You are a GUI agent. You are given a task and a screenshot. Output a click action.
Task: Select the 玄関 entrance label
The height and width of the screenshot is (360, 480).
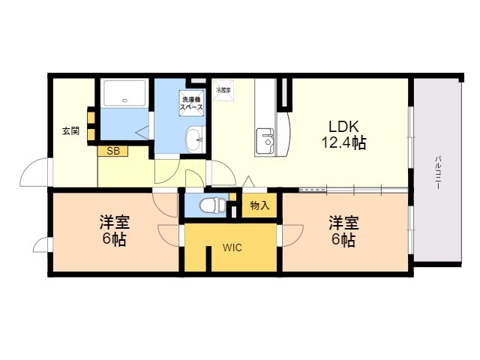[70, 130]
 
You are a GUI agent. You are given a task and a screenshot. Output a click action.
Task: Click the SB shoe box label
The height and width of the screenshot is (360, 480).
[112, 151]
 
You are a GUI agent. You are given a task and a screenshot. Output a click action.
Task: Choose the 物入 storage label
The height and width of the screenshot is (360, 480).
[259, 205]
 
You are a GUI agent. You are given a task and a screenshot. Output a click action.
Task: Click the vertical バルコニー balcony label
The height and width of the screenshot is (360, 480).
[436, 172]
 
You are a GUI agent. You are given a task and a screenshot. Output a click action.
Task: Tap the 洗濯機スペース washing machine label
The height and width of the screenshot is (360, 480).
[190, 103]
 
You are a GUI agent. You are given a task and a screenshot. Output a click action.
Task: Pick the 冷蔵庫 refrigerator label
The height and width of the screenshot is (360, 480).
[223, 89]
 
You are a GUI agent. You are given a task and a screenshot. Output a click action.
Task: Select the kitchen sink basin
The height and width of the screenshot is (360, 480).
[265, 139]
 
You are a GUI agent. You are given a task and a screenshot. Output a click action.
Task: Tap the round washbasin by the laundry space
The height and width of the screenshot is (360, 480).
[194, 138]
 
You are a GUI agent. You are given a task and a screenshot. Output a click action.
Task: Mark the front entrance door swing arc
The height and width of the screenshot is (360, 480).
[34, 174]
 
